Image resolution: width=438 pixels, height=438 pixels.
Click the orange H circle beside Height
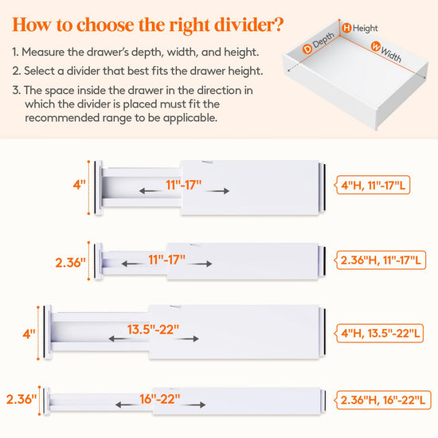pos(346,28)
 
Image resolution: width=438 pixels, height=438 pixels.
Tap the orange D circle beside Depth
pos(307,49)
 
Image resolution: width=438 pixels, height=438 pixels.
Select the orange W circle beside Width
pos(376,46)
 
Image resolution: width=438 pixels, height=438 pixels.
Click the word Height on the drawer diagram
pos(365,28)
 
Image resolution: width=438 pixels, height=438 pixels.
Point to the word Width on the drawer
pos(391,55)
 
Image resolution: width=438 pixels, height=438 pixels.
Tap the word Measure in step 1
pos(43,52)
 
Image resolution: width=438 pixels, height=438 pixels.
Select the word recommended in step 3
pos(62,118)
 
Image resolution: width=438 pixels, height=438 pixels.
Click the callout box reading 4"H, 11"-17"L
pos(373,185)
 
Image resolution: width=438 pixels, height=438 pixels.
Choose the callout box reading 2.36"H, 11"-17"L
pos(380,260)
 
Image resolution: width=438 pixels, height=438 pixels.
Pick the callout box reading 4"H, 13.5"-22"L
pos(379,333)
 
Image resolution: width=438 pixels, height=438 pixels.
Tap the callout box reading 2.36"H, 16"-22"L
pos(382,400)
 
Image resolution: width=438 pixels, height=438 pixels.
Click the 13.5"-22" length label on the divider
pos(153,330)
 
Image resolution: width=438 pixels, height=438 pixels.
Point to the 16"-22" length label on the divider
pos(160,399)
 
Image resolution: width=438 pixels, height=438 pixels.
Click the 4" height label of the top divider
pos(80,185)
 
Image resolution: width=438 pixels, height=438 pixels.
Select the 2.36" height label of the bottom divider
pos(22,399)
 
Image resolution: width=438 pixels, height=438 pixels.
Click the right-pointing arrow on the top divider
pos(218,191)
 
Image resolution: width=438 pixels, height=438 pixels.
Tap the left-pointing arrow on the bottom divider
pos(127,405)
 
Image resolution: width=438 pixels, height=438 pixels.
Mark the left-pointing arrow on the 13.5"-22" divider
pos(119,338)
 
